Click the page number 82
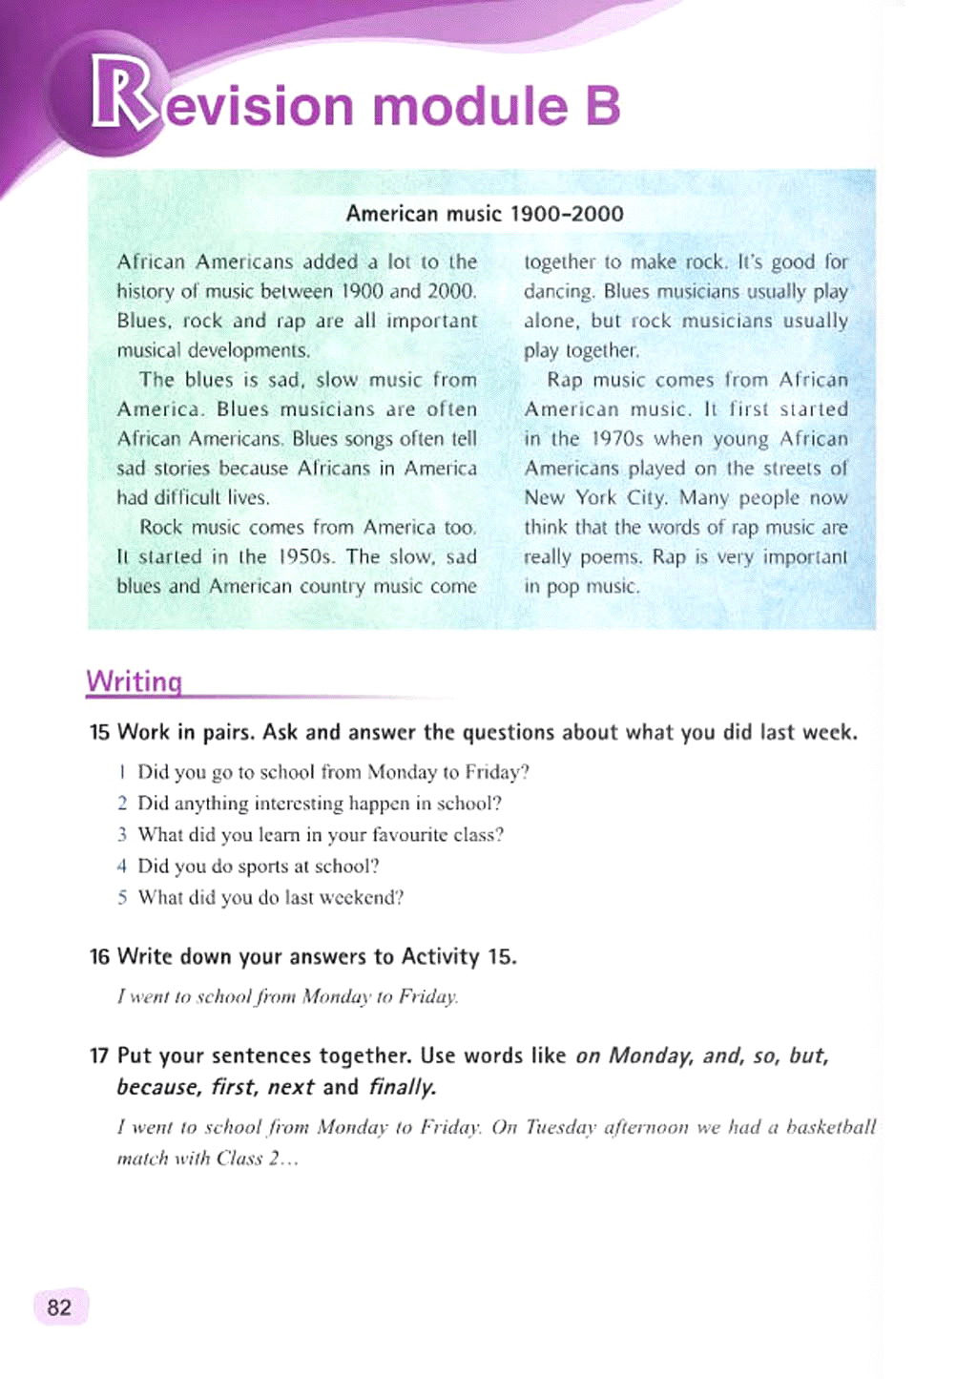pos(59,1306)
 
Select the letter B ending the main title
pos(602,105)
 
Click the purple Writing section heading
pos(134,681)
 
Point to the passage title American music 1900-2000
pos(485,213)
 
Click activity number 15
pos(99,733)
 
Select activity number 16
pos(99,957)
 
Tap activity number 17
pos(99,1056)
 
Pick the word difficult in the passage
pos(186,498)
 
